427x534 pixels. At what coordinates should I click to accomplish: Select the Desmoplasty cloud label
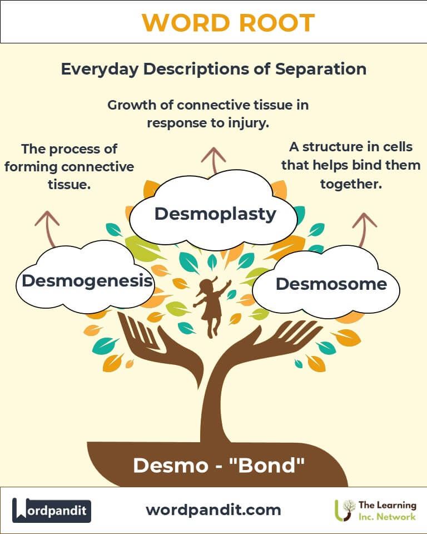pyautogui.click(x=215, y=214)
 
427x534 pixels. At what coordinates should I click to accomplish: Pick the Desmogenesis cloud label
pyautogui.click(x=87, y=280)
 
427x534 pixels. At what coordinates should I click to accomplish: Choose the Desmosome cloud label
pyautogui.click(x=331, y=284)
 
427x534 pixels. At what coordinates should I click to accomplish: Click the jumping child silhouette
pyautogui.click(x=211, y=306)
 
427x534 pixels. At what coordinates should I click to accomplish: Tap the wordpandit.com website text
pyautogui.click(x=213, y=510)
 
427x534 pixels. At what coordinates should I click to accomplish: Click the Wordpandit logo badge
pyautogui.click(x=52, y=510)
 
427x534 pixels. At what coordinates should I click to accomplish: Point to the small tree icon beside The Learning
pyautogui.click(x=345, y=509)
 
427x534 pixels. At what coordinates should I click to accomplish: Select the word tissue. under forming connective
pyautogui.click(x=69, y=184)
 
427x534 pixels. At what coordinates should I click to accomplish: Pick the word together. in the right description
pyautogui.click(x=351, y=184)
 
